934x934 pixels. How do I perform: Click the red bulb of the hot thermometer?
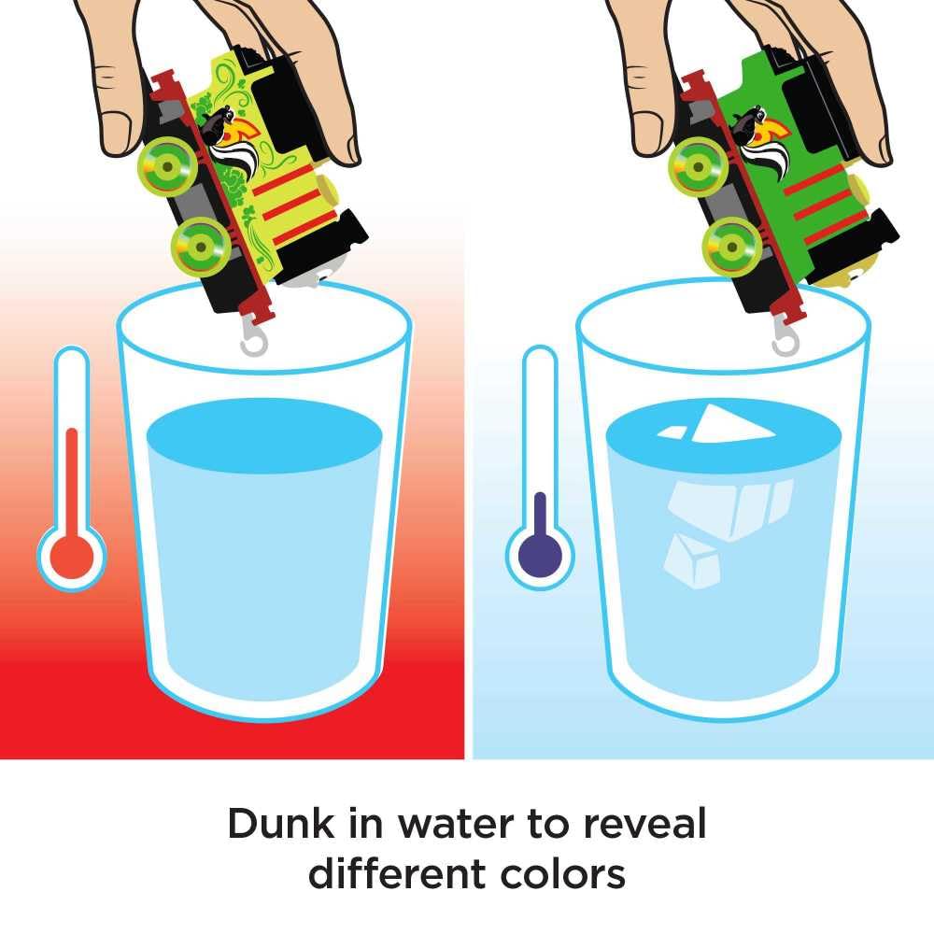[72, 558]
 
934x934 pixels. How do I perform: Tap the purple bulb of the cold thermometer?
[540, 556]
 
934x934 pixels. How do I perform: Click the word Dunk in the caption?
[281, 824]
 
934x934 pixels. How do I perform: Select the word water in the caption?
[456, 825]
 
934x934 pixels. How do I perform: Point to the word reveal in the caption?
[644, 823]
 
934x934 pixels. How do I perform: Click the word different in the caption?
[398, 874]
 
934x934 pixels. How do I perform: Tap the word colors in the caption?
[563, 874]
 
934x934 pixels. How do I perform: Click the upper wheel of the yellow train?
[166, 166]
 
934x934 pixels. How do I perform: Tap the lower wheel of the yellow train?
[200, 247]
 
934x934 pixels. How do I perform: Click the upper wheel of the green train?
[698, 166]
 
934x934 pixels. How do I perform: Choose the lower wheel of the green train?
[731, 247]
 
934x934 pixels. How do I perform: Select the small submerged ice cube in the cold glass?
[691, 559]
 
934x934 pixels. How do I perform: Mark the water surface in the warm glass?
[264, 435]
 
